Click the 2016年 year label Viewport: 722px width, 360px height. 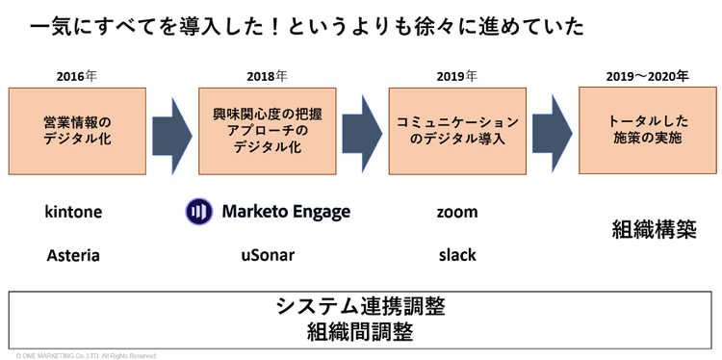click(x=77, y=76)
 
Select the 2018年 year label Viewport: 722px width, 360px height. click(x=267, y=76)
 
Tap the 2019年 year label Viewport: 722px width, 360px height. click(x=457, y=76)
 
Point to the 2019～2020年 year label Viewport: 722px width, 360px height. click(x=647, y=76)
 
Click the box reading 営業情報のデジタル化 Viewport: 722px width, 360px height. click(x=77, y=131)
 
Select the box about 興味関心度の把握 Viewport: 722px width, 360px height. click(x=268, y=131)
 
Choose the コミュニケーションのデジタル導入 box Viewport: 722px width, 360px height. click(x=457, y=131)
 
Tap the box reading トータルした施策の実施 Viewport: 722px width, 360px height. click(x=648, y=130)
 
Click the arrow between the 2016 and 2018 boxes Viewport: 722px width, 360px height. click(x=172, y=136)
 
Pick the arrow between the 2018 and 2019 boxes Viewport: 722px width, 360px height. click(x=362, y=135)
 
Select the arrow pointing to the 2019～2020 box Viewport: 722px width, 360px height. click(x=553, y=134)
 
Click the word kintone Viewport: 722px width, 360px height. click(x=74, y=212)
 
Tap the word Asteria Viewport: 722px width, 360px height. click(x=73, y=255)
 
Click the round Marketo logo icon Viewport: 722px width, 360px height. click(x=199, y=212)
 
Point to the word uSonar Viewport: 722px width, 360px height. click(x=268, y=255)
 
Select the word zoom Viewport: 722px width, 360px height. click(x=457, y=213)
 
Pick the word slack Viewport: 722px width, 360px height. click(x=457, y=255)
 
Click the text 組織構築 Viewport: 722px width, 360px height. click(x=654, y=230)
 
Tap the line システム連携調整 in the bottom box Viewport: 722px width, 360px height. click(x=361, y=306)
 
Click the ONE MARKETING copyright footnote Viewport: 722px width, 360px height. click(x=87, y=356)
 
